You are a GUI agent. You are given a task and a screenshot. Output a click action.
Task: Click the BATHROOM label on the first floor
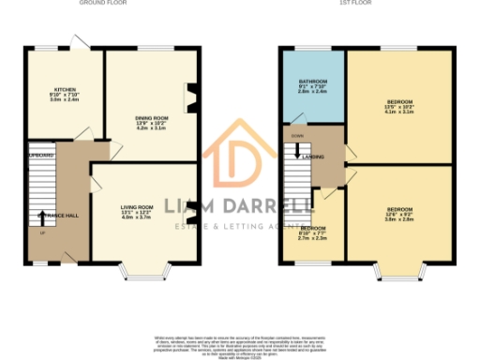[x=313, y=82]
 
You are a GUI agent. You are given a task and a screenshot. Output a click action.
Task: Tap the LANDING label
[x=313, y=156]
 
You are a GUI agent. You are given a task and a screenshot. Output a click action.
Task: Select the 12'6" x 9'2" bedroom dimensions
[x=400, y=217]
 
